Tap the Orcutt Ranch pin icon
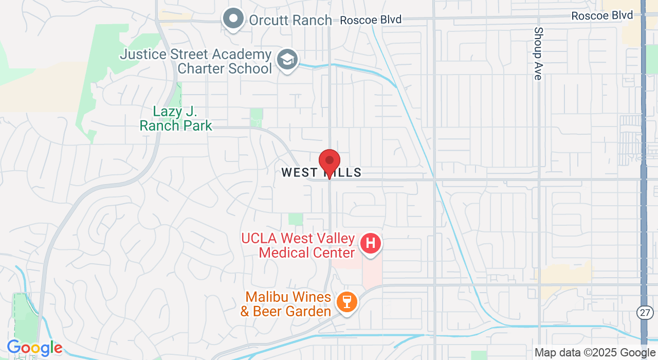(234, 19)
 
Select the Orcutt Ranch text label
(290, 21)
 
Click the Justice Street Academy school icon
(287, 60)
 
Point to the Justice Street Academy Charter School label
(196, 61)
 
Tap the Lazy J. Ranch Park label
(176, 119)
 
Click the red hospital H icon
(370, 243)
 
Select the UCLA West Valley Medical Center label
(298, 246)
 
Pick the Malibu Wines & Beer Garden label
(288, 304)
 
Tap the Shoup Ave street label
(538, 53)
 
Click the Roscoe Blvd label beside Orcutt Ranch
(371, 20)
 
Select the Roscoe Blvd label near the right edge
(602, 16)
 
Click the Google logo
(34, 348)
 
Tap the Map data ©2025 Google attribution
(595, 353)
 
